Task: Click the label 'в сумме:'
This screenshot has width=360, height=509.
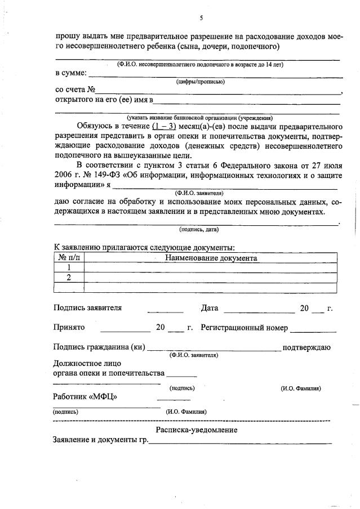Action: tap(71, 73)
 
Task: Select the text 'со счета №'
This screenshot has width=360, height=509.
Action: tap(75, 90)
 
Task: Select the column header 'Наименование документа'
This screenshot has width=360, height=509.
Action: tap(211, 258)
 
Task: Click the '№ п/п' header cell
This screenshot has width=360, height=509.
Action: tap(69, 258)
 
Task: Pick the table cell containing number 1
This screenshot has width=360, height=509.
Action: tap(69, 267)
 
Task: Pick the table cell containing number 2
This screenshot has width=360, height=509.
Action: tap(69, 278)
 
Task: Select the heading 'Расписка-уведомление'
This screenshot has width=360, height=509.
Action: tap(197, 430)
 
